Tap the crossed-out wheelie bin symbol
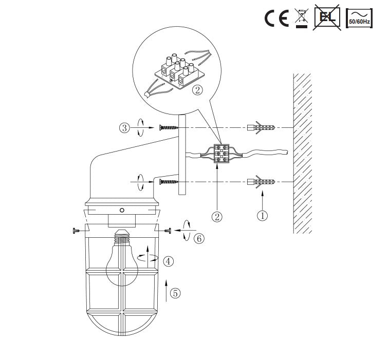click(x=302, y=18)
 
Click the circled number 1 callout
click(x=262, y=216)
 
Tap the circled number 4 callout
click(x=169, y=261)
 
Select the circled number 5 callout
click(x=175, y=293)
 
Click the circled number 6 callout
click(x=198, y=238)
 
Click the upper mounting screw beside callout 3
click(x=168, y=127)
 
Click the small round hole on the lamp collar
click(x=122, y=211)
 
